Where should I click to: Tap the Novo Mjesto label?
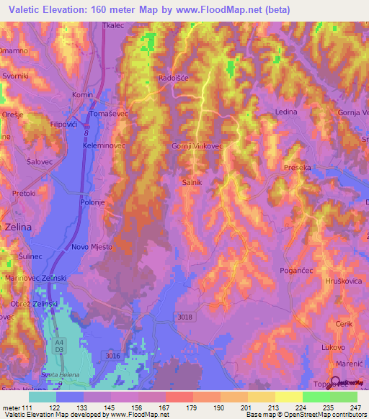click(x=92, y=247)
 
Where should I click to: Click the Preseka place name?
click(x=298, y=167)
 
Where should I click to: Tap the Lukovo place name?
click(x=332, y=347)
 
